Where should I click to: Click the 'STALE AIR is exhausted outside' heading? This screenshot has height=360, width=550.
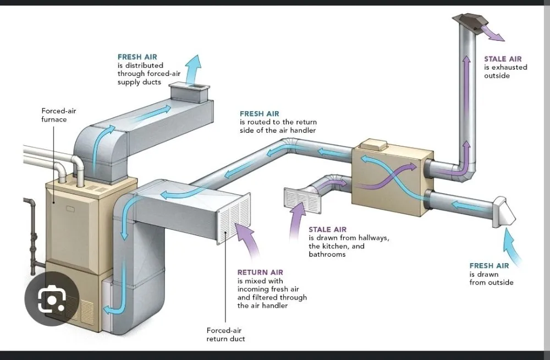pyautogui.click(x=503, y=59)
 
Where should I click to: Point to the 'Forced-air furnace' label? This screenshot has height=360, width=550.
pyautogui.click(x=58, y=115)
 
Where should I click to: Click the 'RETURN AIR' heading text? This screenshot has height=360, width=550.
pyautogui.click(x=260, y=272)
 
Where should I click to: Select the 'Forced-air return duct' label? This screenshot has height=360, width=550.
pyautogui.click(x=226, y=334)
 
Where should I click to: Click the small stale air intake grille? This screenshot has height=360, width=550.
pyautogui.click(x=301, y=200)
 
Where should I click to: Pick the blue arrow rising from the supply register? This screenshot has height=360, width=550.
pyautogui.click(x=193, y=69)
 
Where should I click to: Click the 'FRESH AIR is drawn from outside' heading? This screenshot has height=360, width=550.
pyautogui.click(x=489, y=266)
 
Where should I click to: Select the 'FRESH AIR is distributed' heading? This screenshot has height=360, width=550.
pyautogui.click(x=137, y=57)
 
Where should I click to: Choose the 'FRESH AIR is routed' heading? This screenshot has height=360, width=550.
pyautogui.click(x=259, y=114)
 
